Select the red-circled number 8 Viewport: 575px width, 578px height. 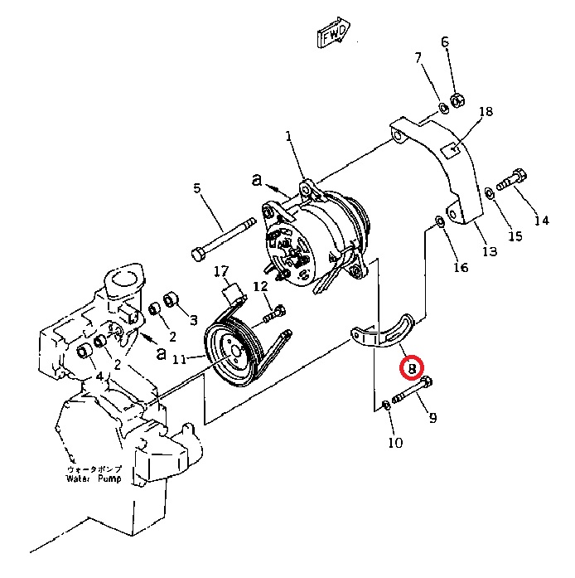click(x=411, y=367)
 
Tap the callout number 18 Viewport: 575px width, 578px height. click(x=486, y=112)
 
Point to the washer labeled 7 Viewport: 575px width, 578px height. click(x=444, y=108)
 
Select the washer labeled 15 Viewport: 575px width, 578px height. click(x=490, y=193)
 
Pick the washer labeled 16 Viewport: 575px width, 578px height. click(x=438, y=221)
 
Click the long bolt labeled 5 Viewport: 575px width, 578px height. click(x=224, y=240)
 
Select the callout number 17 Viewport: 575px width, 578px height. click(x=220, y=271)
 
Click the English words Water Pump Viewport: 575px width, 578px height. click(x=94, y=479)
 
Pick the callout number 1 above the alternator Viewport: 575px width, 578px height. click(x=288, y=136)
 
